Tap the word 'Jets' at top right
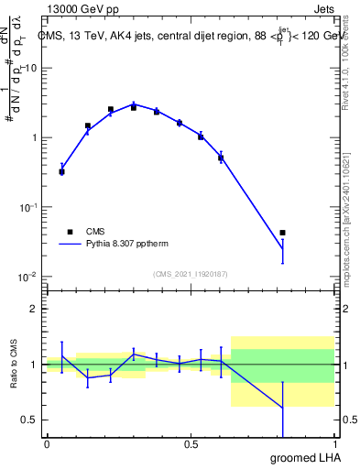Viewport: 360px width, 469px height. [323, 7]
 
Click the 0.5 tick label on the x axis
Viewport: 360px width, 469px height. [191, 444]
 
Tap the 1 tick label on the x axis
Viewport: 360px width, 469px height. [333, 444]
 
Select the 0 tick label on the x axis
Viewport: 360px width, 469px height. [47, 444]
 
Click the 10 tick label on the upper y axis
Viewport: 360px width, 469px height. [30, 69]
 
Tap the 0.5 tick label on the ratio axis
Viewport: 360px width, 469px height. [30, 420]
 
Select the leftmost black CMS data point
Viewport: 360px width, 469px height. [61, 171]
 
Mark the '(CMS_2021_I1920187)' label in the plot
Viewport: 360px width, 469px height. [190, 274]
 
